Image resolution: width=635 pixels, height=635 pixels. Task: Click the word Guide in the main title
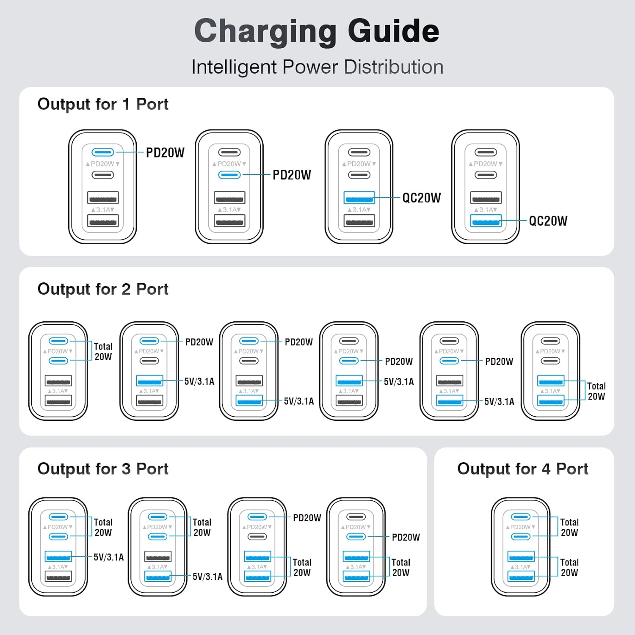tap(393, 31)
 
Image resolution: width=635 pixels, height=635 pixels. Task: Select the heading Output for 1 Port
tap(103, 104)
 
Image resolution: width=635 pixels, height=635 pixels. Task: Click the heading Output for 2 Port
tap(103, 289)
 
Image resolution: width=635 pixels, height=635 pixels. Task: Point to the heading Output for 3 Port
tap(103, 469)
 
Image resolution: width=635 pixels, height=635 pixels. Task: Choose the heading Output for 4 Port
tap(523, 469)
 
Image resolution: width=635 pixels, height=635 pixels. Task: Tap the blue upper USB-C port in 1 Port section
tap(103, 152)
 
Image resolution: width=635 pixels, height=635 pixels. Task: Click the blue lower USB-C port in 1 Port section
tap(229, 175)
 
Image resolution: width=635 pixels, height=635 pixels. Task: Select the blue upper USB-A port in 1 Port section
tap(359, 197)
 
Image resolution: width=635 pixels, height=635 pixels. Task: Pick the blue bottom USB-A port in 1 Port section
tap(486, 221)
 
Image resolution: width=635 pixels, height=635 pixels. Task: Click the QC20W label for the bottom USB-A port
tap(548, 221)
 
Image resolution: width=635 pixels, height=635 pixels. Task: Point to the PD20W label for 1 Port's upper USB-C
tap(165, 153)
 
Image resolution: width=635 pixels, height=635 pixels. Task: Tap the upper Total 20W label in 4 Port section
tap(569, 527)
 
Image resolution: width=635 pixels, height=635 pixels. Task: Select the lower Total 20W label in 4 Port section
tap(569, 567)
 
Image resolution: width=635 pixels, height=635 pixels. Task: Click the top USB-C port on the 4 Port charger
tap(521, 517)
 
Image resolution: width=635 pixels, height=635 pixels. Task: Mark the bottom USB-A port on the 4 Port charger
tap(521, 576)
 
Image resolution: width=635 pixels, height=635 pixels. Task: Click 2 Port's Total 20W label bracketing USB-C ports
tap(103, 351)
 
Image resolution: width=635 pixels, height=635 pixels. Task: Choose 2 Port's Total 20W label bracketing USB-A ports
tap(596, 391)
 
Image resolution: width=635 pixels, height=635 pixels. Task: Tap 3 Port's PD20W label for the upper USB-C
tap(307, 518)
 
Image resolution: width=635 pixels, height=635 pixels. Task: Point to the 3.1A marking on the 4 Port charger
tap(521, 567)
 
